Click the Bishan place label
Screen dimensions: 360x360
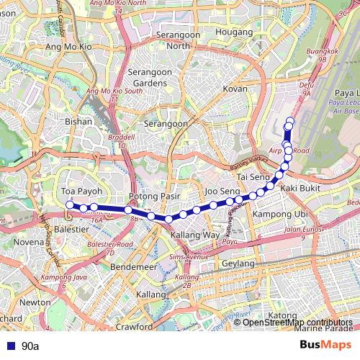click(78, 122)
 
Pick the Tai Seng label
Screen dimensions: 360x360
click(253, 176)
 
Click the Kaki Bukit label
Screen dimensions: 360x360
click(300, 188)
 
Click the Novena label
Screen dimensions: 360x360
click(29, 242)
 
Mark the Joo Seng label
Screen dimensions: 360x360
click(222, 191)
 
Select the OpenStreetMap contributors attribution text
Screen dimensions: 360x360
click(297, 322)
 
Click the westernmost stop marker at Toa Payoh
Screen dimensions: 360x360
click(70, 205)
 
